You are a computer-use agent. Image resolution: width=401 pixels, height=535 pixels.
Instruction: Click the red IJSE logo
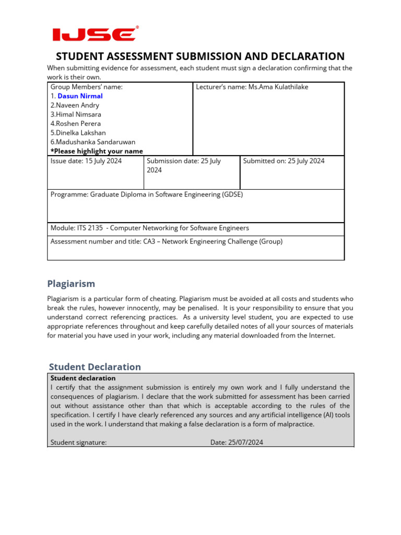coord(95,34)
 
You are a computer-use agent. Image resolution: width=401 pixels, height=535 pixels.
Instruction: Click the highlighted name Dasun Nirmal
coord(80,96)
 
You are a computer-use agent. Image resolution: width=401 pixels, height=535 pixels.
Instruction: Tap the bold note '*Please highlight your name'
coord(97,151)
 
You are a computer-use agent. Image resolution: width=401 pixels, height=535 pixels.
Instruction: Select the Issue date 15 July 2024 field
coord(86,161)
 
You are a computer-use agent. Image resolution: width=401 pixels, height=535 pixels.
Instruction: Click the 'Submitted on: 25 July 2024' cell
coord(284,161)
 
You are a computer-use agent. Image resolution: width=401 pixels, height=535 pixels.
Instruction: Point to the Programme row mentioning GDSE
coord(147,194)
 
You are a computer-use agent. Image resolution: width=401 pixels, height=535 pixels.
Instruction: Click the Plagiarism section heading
coord(71,284)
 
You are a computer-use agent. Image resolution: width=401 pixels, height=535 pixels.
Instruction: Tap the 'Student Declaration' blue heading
coord(95,367)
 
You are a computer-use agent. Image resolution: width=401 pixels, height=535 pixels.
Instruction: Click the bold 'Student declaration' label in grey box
coord(83,378)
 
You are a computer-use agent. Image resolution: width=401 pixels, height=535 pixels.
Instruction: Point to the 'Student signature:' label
coord(79,443)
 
